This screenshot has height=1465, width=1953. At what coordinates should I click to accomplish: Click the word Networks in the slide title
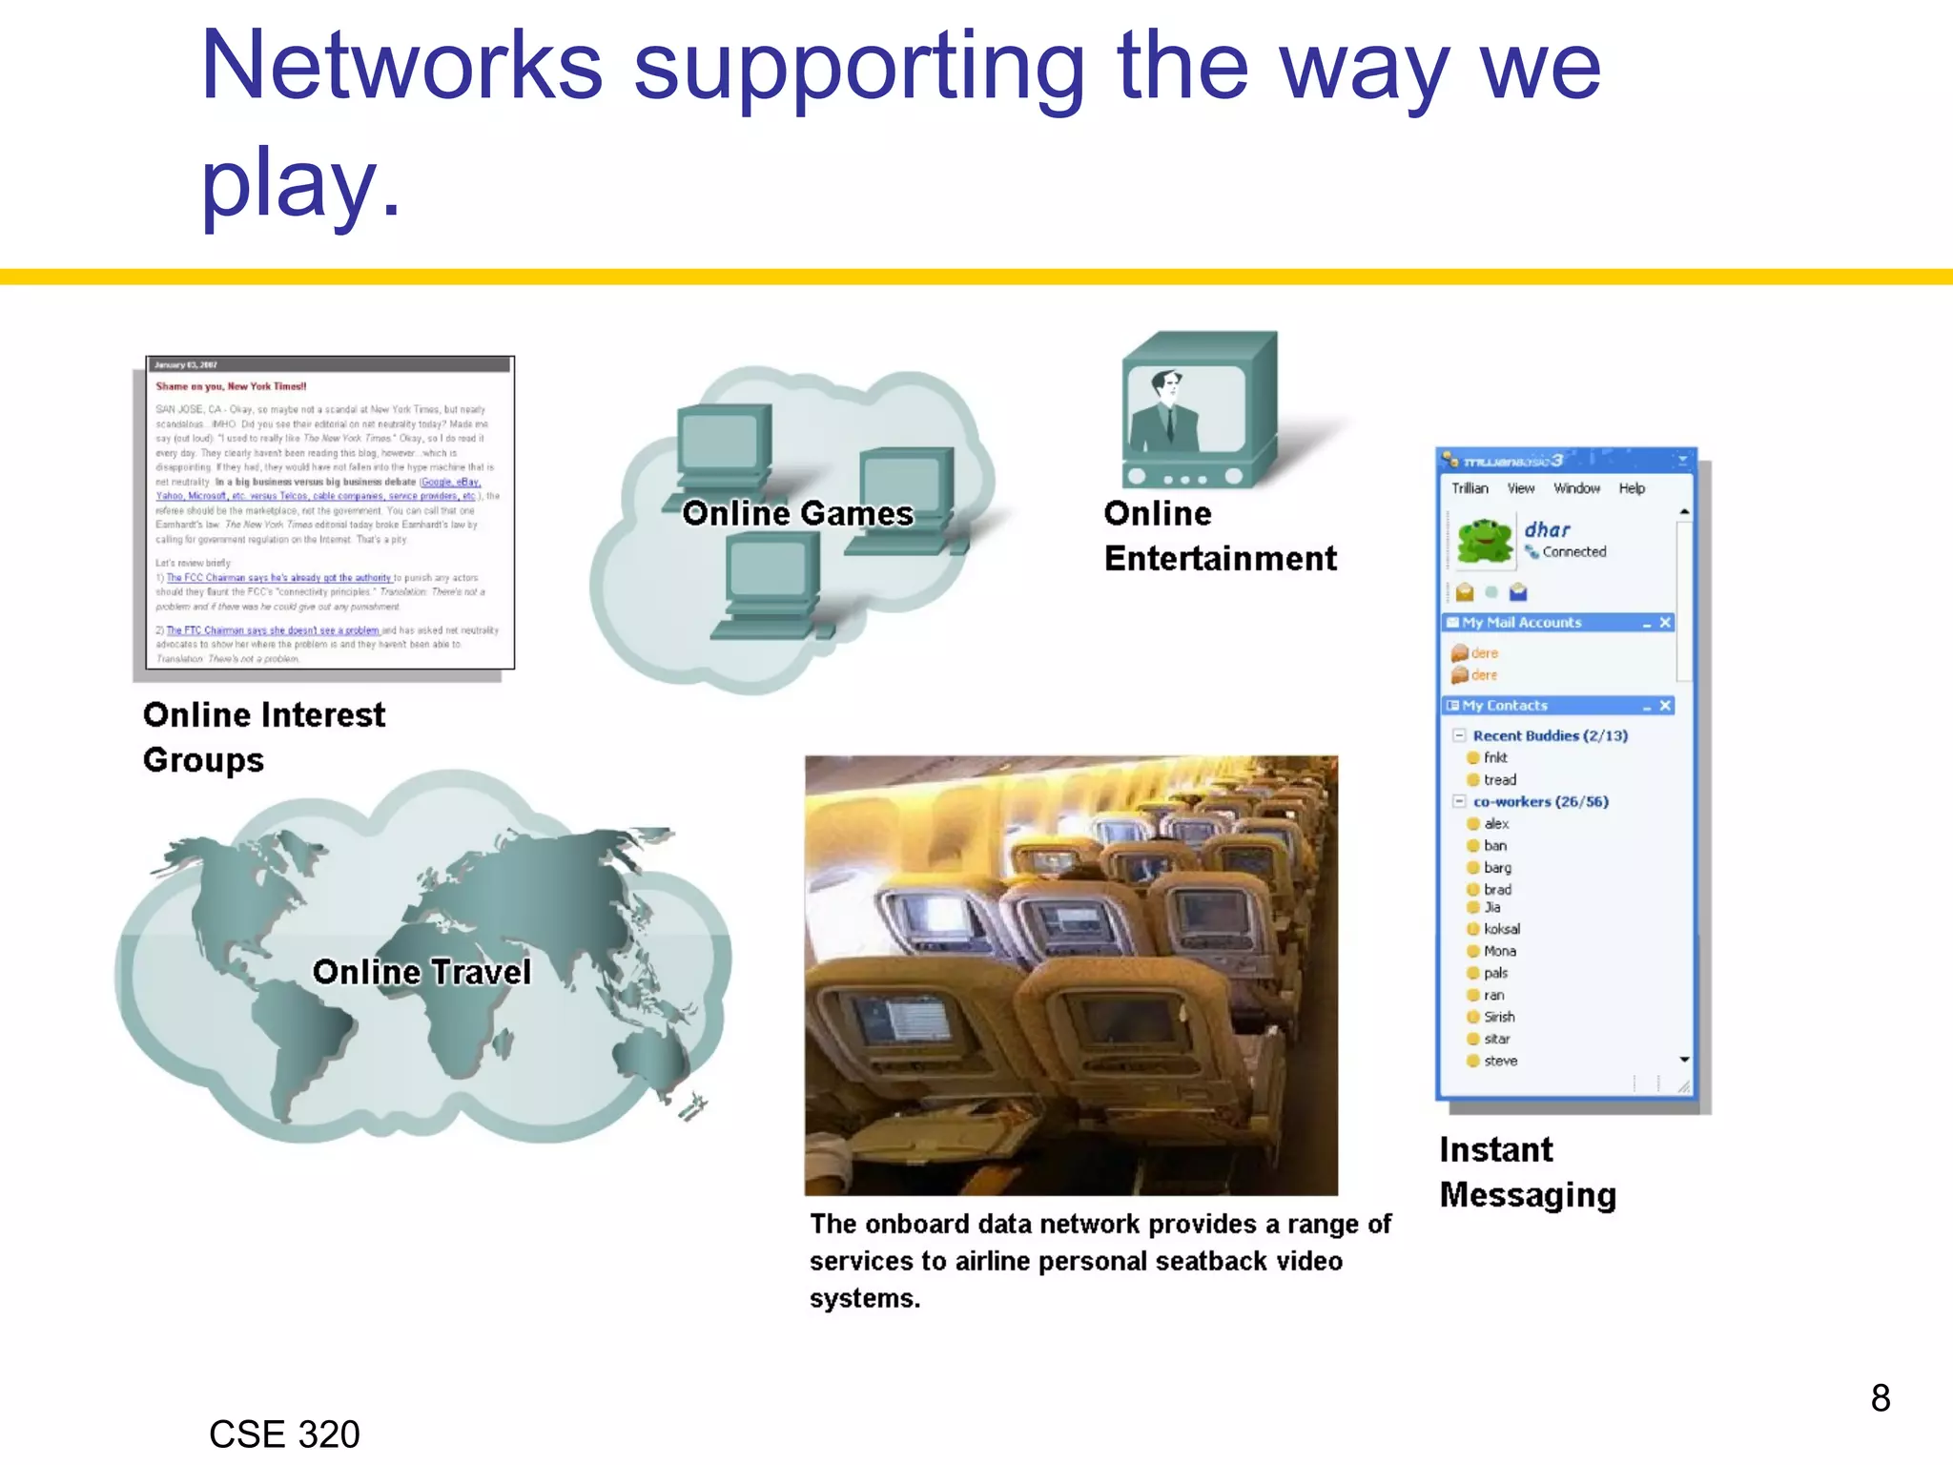pos(401,67)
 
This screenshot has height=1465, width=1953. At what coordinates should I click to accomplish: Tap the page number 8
pos(1880,1398)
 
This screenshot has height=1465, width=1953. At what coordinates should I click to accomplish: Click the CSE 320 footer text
pos(284,1434)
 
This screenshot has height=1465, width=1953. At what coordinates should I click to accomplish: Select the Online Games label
pos(798,513)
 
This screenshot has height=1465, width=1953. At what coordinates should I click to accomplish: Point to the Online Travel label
pos(421,972)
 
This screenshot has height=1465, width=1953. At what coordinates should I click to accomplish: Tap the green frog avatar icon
pos(1485,540)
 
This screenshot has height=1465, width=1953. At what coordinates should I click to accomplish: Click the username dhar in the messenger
pos(1547,529)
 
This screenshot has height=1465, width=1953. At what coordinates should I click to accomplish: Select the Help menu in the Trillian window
pos(1632,488)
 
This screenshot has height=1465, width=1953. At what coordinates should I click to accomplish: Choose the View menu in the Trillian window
pos(1521,488)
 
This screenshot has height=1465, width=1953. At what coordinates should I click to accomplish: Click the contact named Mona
pos(1499,951)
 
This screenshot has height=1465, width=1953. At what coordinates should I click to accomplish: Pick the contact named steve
pos(1500,1061)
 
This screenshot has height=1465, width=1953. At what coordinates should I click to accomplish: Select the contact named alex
pos(1496,823)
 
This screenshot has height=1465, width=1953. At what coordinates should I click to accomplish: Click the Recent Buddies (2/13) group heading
pos(1550,735)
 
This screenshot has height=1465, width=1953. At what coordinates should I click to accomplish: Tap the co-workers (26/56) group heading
pos(1540,801)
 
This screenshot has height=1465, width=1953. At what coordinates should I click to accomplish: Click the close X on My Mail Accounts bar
pos(1665,622)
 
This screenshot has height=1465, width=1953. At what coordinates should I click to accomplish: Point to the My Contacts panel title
pos(1505,706)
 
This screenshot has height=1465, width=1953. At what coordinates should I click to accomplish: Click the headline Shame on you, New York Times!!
pos(231,386)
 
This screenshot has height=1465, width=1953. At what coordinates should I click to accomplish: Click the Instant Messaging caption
pos(1527,1172)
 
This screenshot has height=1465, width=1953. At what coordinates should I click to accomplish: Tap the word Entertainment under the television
pos(1220,558)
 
